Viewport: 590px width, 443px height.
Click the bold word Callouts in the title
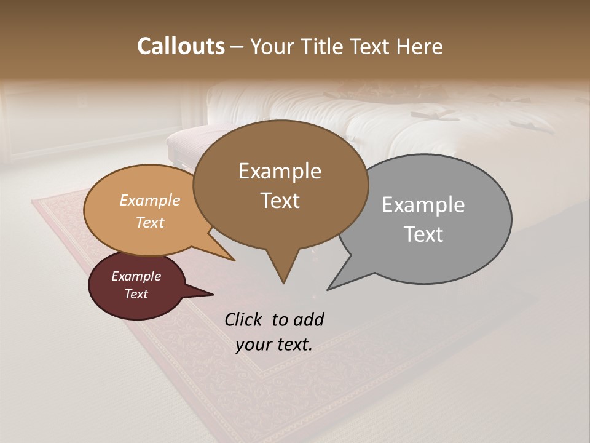tap(181, 46)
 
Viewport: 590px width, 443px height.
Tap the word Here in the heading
tap(419, 46)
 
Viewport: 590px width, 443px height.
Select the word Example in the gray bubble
tap(423, 205)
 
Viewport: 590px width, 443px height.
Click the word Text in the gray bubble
tap(423, 234)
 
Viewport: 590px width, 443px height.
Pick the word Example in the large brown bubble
tap(280, 171)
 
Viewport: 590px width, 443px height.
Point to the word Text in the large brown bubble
tap(280, 201)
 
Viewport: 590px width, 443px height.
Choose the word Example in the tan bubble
tap(150, 201)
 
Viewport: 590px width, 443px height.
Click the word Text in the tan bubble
tap(150, 222)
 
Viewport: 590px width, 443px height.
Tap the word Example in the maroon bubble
tap(136, 276)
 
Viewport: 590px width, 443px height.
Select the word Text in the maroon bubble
tap(136, 294)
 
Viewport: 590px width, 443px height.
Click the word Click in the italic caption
tap(244, 319)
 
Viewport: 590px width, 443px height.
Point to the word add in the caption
tap(309, 319)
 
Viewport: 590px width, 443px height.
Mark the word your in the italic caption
tap(253, 345)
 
